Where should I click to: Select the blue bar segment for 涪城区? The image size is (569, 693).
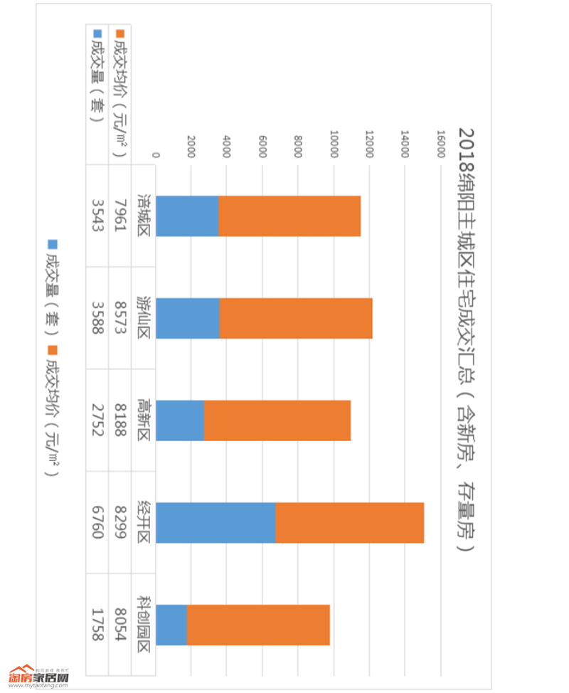point(187,216)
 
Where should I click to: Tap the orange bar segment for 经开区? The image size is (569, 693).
point(349,523)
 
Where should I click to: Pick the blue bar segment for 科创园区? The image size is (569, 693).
point(171,625)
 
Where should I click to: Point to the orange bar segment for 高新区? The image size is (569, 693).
point(277,420)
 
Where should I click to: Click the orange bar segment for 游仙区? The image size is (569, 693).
point(296,318)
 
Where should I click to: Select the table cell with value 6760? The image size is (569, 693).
point(97,523)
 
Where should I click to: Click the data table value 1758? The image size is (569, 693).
point(97,625)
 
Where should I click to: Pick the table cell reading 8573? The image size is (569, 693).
point(120,318)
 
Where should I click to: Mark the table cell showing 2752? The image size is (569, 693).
point(97,420)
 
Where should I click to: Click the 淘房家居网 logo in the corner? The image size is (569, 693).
point(39,677)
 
